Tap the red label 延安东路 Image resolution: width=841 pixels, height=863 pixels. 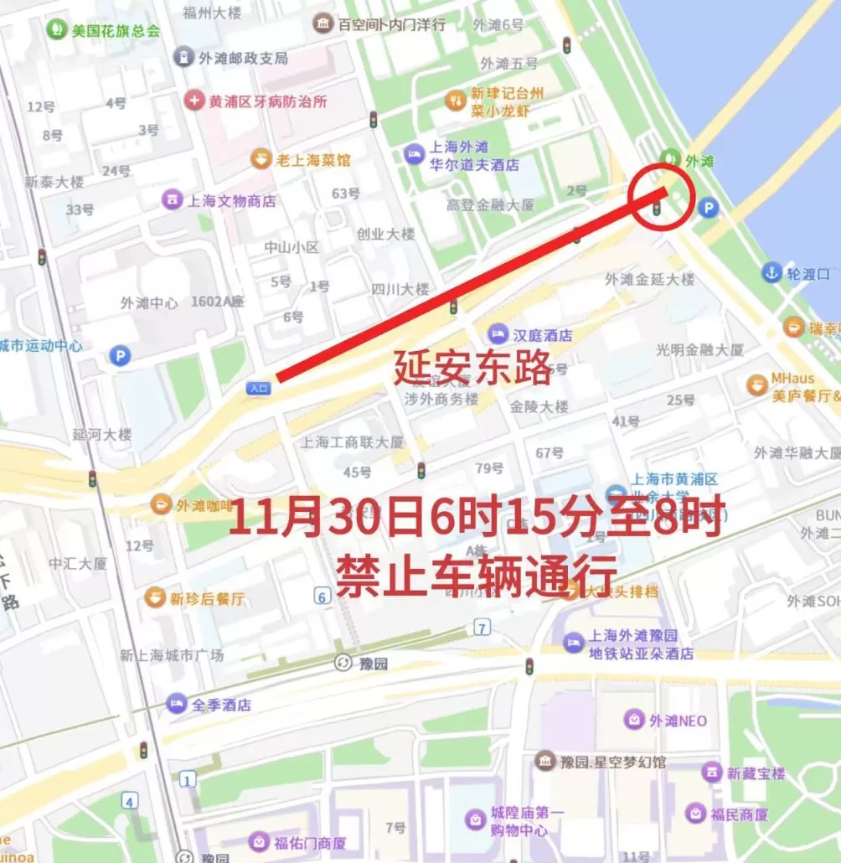coord(472,367)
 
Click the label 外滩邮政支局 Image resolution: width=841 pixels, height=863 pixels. coord(243,58)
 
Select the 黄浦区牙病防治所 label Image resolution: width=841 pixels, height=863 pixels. coord(267,101)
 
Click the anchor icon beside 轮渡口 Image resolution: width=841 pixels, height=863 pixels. coord(771,272)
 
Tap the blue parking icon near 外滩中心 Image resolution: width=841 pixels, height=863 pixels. coord(120,356)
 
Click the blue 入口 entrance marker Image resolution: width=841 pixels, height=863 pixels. coord(258,388)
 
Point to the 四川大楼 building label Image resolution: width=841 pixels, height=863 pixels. coord(400,288)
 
